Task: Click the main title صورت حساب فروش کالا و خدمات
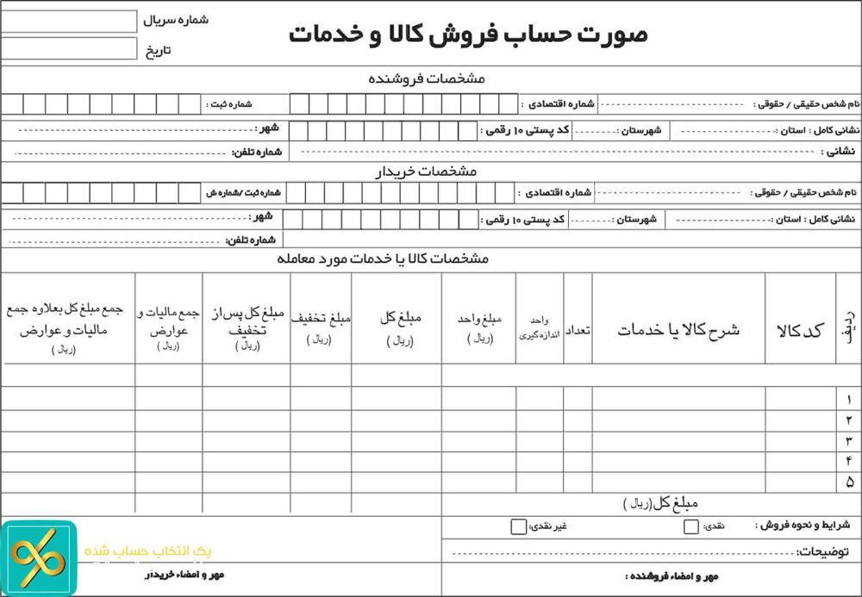[468, 34]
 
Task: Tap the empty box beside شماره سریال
[69, 21]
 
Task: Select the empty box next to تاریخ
[69, 48]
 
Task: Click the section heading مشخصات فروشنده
[427, 78]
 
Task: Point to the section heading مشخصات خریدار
[426, 171]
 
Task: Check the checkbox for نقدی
[691, 526]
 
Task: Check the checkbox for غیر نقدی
[518, 526]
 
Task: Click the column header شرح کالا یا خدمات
[678, 330]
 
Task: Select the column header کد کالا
[800, 330]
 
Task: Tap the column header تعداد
[578, 330]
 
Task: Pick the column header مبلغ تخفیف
[321, 318]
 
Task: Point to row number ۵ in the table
[849, 482]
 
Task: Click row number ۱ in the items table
[849, 399]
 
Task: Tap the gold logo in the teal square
[38, 558]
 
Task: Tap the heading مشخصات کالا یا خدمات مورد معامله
[384, 258]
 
